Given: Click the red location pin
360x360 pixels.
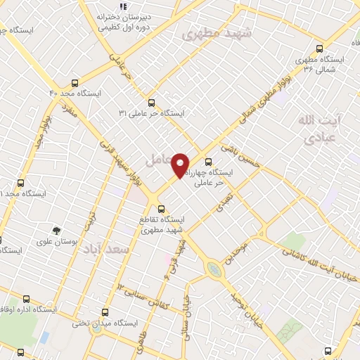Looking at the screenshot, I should coord(181,165).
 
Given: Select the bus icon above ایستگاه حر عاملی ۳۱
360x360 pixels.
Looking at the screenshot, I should coord(151,102).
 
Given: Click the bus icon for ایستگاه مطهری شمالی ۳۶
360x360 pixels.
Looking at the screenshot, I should coord(319,49).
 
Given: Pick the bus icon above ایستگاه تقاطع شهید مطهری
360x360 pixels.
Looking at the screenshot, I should coord(162,209).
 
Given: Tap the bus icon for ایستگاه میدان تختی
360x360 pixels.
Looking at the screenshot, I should coord(105,312).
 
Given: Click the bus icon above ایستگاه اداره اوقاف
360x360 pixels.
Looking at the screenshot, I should coord(27,298).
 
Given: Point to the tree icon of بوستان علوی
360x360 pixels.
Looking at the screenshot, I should coord(56,230).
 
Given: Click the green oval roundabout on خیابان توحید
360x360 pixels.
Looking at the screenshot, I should coord(213,269).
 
